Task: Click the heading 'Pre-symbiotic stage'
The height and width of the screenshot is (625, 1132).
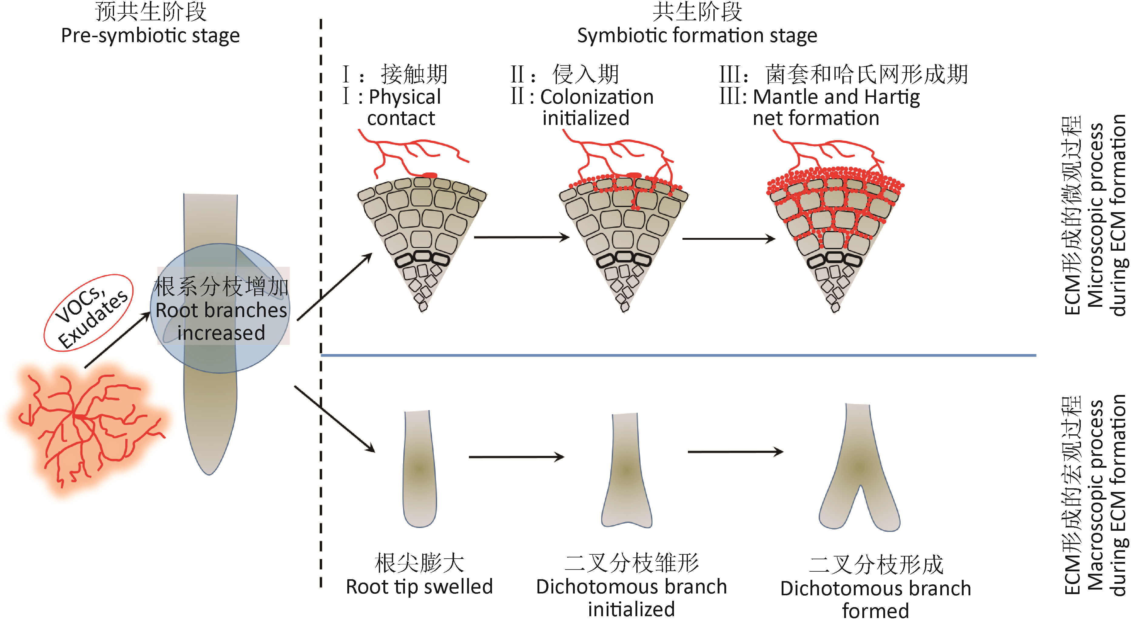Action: coord(150,35)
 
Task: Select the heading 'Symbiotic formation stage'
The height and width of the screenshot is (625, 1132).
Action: coord(697,35)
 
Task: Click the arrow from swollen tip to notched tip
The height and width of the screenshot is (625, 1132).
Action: coord(516,457)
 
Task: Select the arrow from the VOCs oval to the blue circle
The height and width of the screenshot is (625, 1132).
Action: coord(117,339)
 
